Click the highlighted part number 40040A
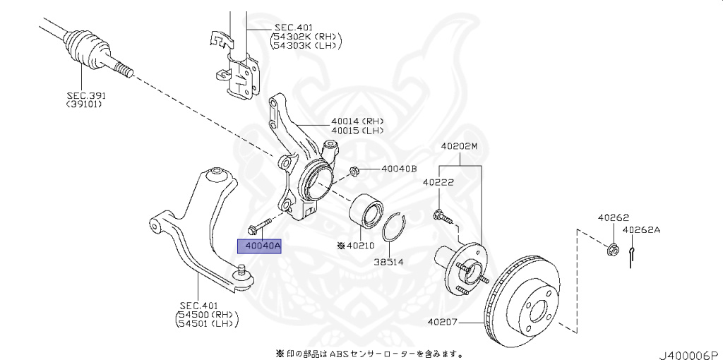click(x=259, y=246)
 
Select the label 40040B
click(x=399, y=169)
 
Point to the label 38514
click(x=388, y=261)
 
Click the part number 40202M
click(x=460, y=146)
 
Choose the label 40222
click(x=438, y=182)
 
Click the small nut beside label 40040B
click(x=356, y=170)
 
